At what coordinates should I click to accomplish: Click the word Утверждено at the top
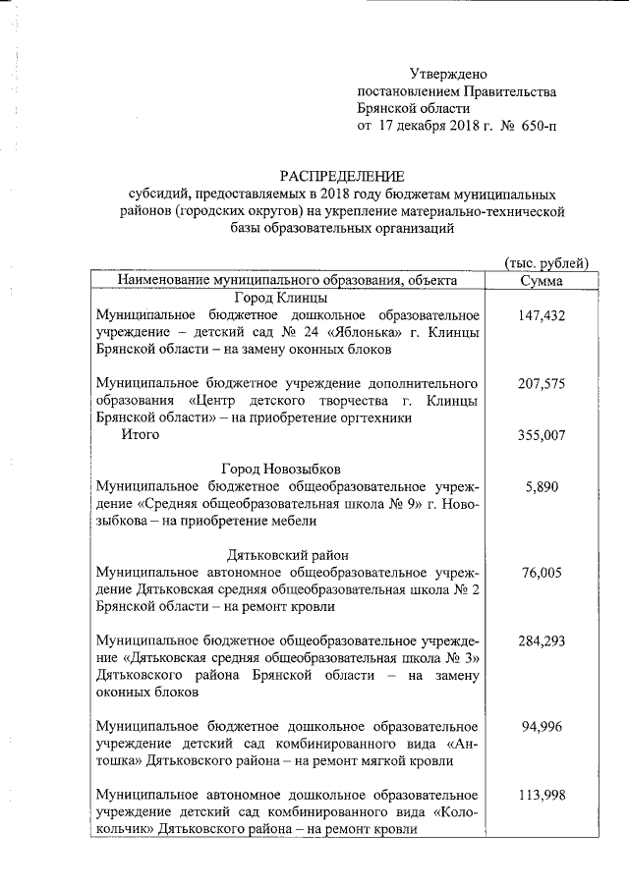coord(447,74)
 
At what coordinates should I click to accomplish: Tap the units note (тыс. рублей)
coord(545,262)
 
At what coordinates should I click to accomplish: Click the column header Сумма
coord(541,281)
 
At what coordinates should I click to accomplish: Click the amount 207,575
coord(541,384)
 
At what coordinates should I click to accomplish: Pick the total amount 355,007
coord(541,435)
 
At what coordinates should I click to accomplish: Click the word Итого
coord(141,435)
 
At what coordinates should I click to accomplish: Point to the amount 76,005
coord(541,573)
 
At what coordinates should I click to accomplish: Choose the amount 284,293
coord(541,641)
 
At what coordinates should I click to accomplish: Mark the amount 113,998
coord(541,796)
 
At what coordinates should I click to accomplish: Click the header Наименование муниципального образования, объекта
coord(287,281)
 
